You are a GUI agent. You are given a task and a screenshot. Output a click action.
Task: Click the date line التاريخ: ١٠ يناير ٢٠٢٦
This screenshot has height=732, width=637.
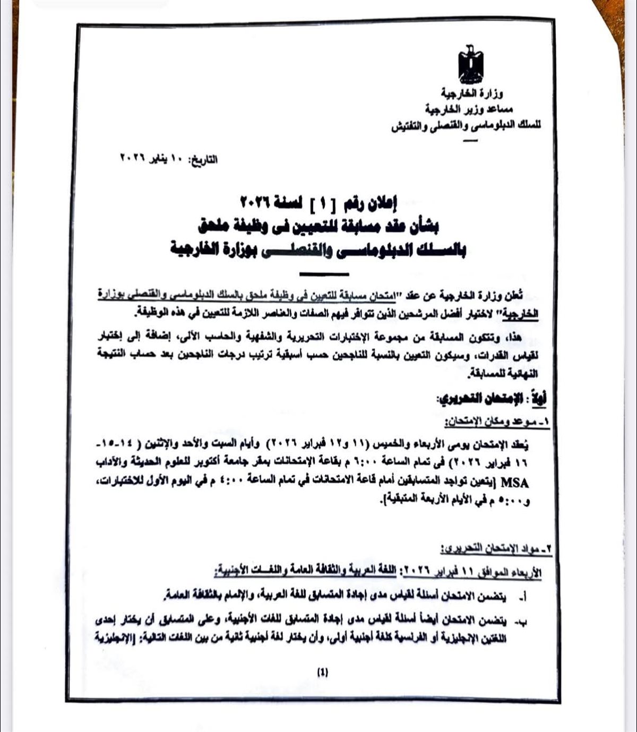(168, 159)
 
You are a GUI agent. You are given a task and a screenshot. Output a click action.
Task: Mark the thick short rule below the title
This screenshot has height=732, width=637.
(324, 274)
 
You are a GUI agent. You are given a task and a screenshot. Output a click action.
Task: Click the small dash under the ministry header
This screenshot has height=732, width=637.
(469, 141)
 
